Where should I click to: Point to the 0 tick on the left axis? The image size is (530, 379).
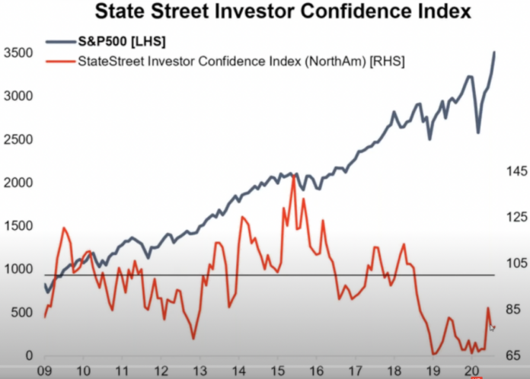(28, 355)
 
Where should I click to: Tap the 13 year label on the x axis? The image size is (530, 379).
(200, 371)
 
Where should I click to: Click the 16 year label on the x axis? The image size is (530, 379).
(317, 371)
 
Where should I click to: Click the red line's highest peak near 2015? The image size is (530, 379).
(293, 176)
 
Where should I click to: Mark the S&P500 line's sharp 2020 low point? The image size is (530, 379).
(478, 132)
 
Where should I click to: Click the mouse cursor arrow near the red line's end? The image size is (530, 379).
(492, 327)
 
